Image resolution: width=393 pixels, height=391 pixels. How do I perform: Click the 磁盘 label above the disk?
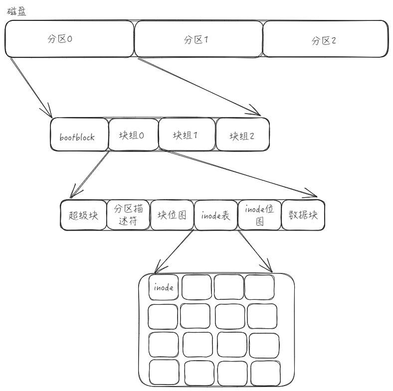pyautogui.click(x=15, y=10)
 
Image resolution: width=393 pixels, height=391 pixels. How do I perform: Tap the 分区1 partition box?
pyautogui.click(x=198, y=39)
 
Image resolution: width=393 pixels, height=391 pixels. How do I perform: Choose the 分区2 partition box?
pyautogui.click(x=325, y=39)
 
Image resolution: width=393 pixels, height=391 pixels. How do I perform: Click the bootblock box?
pyautogui.click(x=79, y=135)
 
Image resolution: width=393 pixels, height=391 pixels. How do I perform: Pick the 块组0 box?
pyautogui.click(x=132, y=135)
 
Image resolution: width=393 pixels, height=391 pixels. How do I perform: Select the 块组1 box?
pyautogui.click(x=186, y=135)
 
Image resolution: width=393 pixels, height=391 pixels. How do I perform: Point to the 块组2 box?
pyautogui.click(x=242, y=135)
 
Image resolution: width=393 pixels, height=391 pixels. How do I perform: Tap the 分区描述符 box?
pyautogui.click(x=127, y=215)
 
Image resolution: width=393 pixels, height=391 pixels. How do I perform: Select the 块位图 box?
pyautogui.click(x=171, y=215)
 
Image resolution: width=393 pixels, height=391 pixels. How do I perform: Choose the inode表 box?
pyautogui.click(x=215, y=215)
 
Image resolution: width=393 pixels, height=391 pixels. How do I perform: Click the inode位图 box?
pyautogui.click(x=259, y=215)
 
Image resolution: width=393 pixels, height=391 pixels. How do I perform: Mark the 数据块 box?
pyautogui.click(x=303, y=215)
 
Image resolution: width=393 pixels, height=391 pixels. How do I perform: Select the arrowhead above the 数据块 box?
pyautogui.click(x=312, y=193)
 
